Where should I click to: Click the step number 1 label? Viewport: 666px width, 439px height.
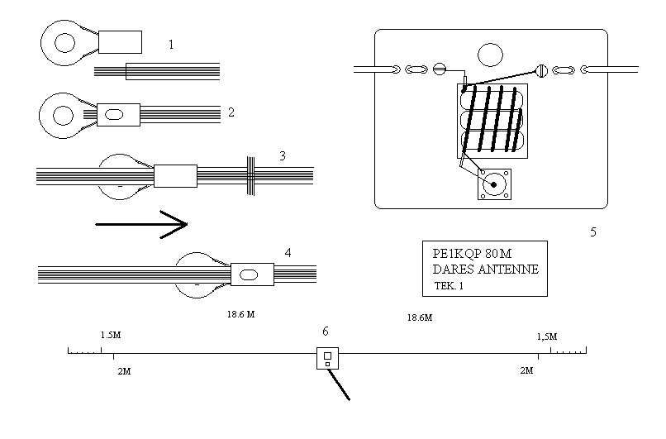point(171,45)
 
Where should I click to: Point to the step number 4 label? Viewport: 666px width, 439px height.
point(287,252)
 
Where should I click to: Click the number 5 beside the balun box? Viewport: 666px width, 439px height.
point(592,232)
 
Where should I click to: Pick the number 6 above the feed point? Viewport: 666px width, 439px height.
point(326,331)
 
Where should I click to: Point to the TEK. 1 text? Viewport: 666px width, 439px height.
point(450,285)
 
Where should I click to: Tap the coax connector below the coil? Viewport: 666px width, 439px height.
point(494,184)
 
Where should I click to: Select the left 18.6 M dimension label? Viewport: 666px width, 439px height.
point(240,314)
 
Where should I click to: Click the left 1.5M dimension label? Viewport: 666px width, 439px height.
point(112,336)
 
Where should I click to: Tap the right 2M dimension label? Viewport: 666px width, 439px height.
point(526,371)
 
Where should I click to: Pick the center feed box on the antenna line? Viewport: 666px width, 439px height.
point(327,359)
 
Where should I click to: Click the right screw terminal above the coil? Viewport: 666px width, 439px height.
point(543,70)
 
